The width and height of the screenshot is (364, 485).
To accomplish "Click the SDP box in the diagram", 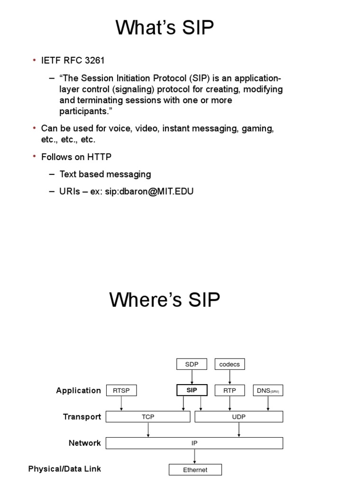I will [x=191, y=364].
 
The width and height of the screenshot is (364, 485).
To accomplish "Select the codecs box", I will [x=230, y=364].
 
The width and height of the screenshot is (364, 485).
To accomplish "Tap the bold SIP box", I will [x=191, y=390].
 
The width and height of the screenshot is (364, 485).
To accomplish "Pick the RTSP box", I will [x=122, y=390].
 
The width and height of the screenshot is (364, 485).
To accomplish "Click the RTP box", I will [x=230, y=390].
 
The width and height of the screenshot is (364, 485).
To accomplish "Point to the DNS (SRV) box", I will [x=268, y=390].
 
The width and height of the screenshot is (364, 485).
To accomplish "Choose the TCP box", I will [x=148, y=417].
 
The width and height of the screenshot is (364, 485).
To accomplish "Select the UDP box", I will [x=239, y=417].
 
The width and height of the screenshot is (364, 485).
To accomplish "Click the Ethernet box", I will [x=195, y=470].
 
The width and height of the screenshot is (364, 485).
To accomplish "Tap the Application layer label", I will [x=79, y=390].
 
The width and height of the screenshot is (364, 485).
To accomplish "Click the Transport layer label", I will [x=82, y=417].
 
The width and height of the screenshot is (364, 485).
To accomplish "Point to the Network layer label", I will [x=85, y=443].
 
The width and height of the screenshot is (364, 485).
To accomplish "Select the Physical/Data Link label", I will [x=64, y=469].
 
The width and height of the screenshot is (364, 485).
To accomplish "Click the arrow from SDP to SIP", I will [x=191, y=377].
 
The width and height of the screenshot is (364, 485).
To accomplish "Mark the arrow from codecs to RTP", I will [x=230, y=377].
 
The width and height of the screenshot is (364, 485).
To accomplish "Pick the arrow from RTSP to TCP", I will [x=122, y=404].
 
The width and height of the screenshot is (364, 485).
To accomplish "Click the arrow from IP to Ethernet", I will [x=195, y=457].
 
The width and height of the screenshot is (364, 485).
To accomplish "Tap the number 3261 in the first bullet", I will [x=93, y=60].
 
